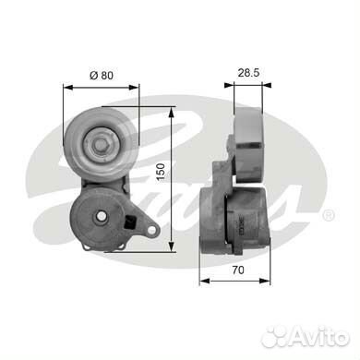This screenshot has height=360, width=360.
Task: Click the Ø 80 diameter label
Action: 102,75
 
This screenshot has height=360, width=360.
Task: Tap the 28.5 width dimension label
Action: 248,73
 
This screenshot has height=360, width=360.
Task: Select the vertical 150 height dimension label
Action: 161,172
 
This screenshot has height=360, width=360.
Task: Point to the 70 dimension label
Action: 238,270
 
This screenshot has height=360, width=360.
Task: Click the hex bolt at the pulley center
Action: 101,145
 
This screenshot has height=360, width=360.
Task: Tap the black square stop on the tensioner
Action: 130,222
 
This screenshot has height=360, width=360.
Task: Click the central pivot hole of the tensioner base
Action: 101,216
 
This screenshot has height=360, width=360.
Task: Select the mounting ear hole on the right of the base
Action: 151,230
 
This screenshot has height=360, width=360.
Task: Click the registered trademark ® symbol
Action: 328,215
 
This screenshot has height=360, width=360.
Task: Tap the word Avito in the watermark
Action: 319,336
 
